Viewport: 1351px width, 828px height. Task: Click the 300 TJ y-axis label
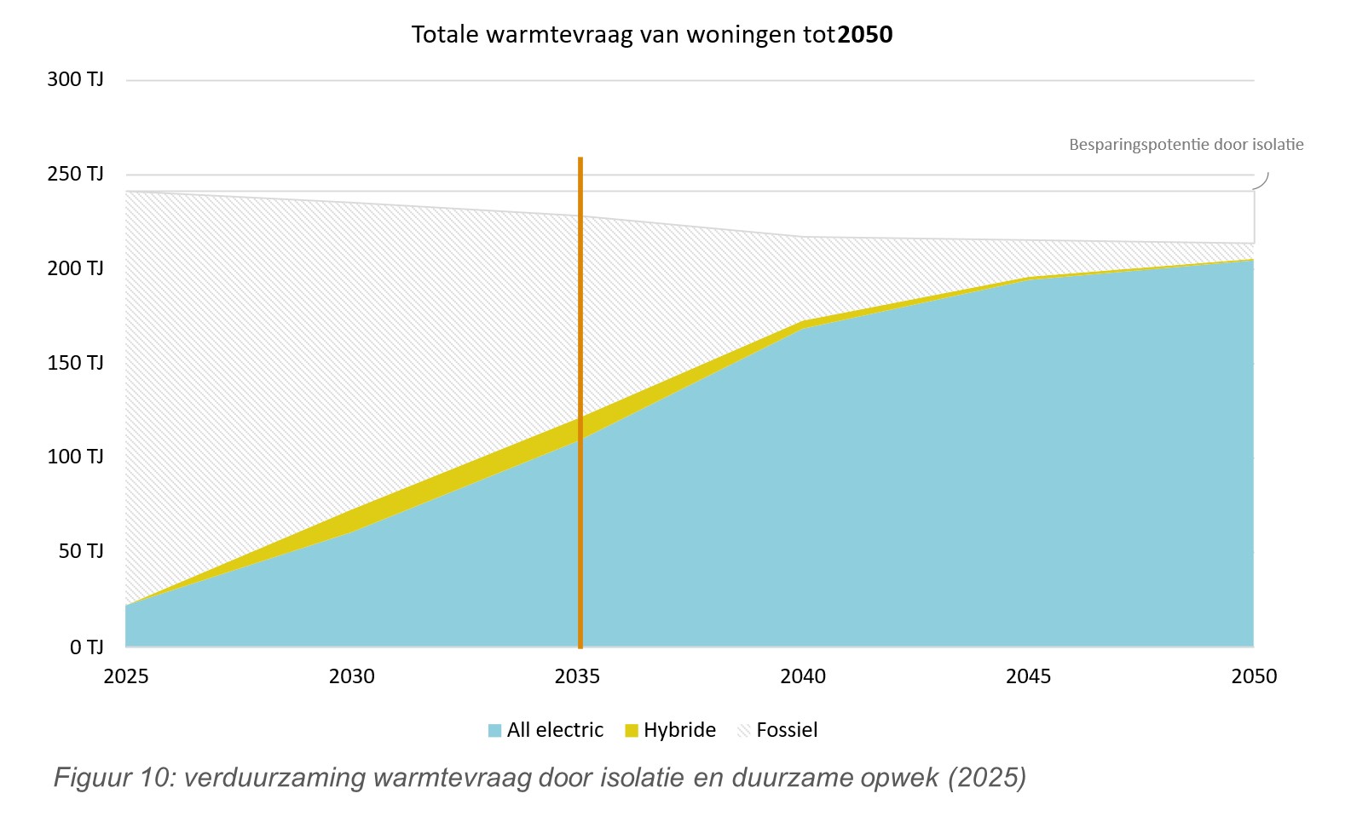pos(75,79)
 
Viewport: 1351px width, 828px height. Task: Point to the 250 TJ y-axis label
pos(75,174)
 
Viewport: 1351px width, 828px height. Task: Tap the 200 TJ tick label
pos(75,268)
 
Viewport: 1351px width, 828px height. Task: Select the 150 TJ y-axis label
pos(75,363)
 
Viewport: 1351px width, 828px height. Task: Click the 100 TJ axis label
pos(75,457)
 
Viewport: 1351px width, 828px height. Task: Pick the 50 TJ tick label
pos(80,551)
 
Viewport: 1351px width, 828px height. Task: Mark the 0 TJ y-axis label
pos(86,647)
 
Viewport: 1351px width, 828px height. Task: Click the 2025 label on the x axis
pos(126,676)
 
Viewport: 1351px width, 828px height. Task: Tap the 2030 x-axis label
pos(352,676)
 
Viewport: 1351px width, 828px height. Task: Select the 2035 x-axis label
pos(577,676)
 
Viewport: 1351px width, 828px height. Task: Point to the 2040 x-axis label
pos(803,676)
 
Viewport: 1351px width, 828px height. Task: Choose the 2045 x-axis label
pos(1028,676)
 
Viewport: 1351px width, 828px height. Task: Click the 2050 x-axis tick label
pos(1254,676)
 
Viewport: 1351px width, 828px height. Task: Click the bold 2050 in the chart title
pos(865,35)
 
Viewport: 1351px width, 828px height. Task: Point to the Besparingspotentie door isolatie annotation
pos(1186,145)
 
